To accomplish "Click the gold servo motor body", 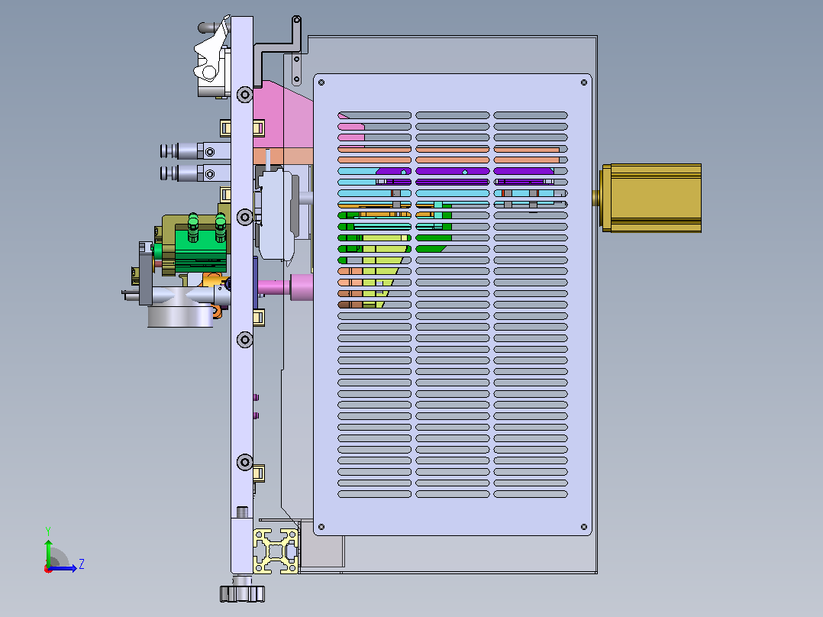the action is pos(651,198).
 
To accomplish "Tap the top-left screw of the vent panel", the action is pos(321,82).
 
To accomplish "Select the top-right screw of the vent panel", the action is pos(583,82).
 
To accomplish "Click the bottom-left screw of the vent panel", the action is pos(321,527).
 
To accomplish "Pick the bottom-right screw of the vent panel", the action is pos(583,527).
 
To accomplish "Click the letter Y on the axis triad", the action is pos(48,531).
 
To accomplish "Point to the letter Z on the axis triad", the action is pos(82,564).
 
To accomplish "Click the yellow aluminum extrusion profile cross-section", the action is pos(276,551).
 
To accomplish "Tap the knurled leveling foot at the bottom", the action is pos(242,593).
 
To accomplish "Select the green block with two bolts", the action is pos(201,247).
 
